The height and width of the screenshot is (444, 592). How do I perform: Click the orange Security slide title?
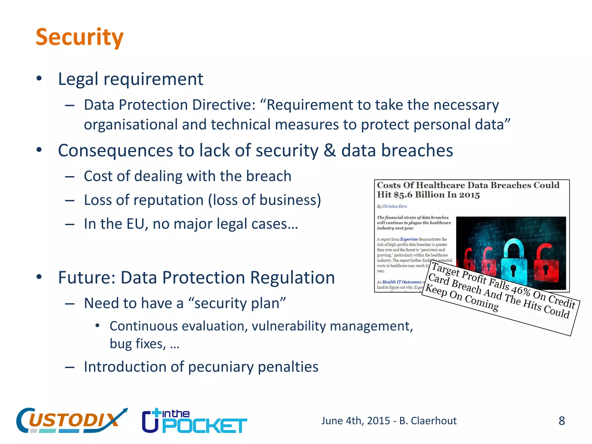coord(79,38)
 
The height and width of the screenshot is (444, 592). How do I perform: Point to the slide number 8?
coord(561,421)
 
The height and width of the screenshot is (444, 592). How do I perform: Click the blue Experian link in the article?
coord(409,239)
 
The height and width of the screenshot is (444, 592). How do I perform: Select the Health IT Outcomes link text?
coord(402,282)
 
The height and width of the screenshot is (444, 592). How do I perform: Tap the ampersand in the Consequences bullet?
coord(330,151)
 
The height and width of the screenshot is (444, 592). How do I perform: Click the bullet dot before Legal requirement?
coord(39,79)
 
